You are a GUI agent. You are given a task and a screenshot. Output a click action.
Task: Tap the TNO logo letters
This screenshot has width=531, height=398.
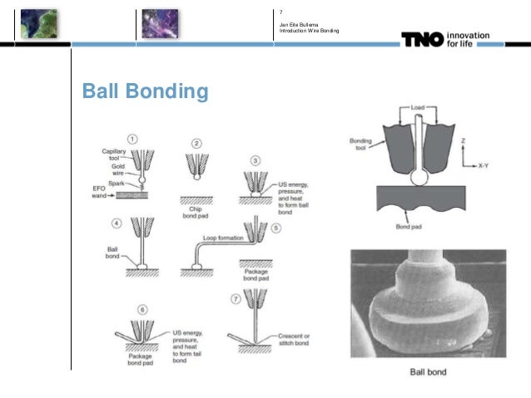click(423, 39)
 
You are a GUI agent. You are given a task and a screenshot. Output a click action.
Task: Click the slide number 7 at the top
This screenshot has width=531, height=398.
click(281, 12)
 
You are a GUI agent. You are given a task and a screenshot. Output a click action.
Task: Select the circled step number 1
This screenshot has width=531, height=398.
click(132, 138)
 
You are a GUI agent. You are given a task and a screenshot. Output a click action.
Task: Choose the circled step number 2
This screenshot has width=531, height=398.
click(197, 143)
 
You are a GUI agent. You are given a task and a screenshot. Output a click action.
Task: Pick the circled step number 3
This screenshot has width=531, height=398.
click(256, 160)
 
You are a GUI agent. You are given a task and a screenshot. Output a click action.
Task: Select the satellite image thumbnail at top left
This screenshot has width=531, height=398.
click(38, 22)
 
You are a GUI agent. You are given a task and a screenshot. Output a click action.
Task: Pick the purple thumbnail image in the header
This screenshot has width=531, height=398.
click(159, 22)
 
